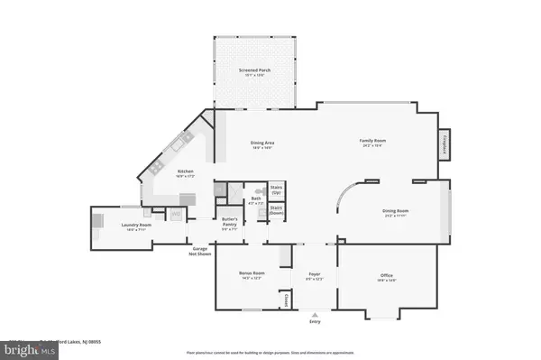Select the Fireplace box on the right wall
click(x=445, y=143)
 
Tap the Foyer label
click(x=315, y=273)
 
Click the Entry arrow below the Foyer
click(x=315, y=315)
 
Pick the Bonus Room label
click(x=252, y=273)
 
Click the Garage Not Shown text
click(x=199, y=252)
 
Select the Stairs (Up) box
click(x=277, y=191)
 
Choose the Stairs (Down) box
click(x=277, y=211)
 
